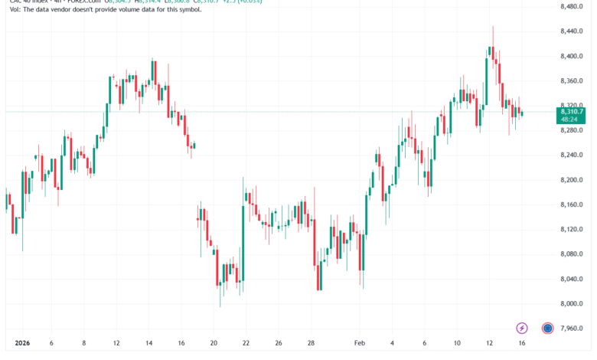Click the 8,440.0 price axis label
coord(573,31)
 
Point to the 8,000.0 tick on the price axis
coord(573,303)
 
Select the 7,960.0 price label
coord(573,328)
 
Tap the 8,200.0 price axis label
coord(573,179)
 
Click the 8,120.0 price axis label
coord(573,229)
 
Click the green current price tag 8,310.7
coord(573,112)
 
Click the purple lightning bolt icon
coord(523,328)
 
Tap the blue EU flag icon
coord(548,328)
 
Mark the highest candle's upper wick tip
coord(493,25)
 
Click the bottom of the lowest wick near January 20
coord(220,307)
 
